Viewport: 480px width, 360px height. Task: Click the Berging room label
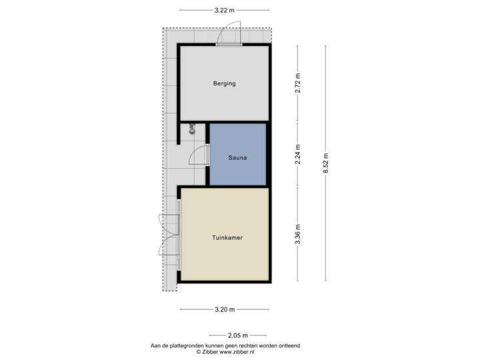point(225,83)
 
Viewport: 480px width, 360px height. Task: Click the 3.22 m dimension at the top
point(225,10)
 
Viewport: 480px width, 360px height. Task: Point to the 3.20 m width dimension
point(225,309)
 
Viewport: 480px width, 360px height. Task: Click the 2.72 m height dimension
point(299,83)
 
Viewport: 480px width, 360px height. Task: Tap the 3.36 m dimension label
point(299,234)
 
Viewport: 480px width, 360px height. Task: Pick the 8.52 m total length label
point(326,163)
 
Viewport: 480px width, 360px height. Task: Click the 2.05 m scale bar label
point(237,335)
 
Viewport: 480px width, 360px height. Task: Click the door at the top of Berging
point(230,35)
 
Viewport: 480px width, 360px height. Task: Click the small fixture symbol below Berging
point(192,129)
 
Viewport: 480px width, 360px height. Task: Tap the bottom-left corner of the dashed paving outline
point(163,291)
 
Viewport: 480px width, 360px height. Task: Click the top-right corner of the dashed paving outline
point(272,27)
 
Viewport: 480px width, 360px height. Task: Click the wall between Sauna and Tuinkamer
point(238,187)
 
